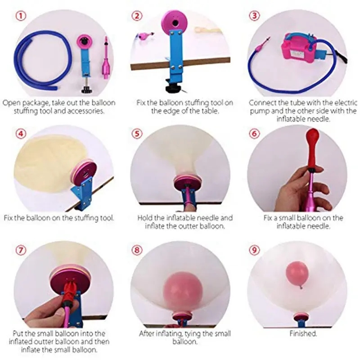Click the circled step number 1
click(21, 16)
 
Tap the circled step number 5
click(137, 133)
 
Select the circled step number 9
click(254, 250)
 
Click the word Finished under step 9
click(303, 333)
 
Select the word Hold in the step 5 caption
click(145, 217)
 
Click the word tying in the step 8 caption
click(193, 333)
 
